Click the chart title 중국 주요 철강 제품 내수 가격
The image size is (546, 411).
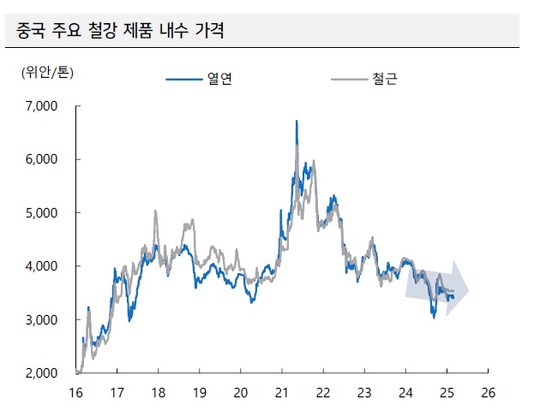(120, 33)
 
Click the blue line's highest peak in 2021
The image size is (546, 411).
(297, 122)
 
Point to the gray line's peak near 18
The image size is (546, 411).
(155, 211)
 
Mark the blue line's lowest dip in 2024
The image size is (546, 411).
(434, 317)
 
